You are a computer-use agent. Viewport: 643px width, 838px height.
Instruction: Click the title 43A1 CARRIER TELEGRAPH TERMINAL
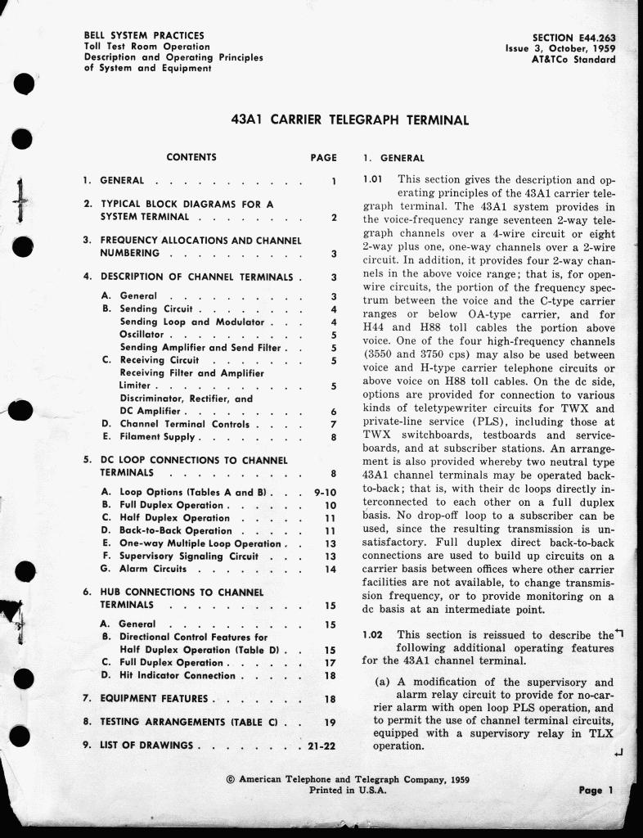351,119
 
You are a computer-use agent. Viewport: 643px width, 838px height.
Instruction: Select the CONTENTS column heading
191,157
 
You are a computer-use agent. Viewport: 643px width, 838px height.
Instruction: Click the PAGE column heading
324,157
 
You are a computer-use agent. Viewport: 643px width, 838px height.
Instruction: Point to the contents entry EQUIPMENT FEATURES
155,699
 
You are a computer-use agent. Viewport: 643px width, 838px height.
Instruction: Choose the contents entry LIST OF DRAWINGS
147,746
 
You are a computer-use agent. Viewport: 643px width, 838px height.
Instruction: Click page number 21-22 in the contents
322,746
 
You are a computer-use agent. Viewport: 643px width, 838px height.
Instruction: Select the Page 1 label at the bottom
596,791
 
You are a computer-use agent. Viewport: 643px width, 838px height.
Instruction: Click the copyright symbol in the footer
230,780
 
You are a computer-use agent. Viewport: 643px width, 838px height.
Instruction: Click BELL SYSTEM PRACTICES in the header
144,36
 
